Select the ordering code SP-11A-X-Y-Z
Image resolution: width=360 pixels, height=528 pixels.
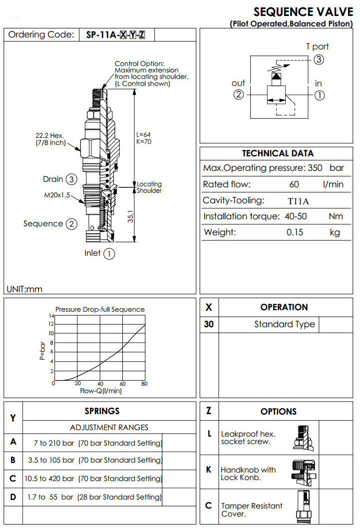point(116,35)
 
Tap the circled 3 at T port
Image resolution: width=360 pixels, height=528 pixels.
point(319,59)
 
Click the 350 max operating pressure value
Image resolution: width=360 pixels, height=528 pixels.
point(315,168)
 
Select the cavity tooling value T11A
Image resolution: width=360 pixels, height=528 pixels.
point(299,201)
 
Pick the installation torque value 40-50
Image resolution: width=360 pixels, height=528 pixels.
point(293,217)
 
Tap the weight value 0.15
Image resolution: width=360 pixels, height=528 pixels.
point(295,232)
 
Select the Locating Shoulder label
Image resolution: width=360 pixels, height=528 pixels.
point(149,187)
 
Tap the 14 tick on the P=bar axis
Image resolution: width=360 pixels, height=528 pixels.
point(51,316)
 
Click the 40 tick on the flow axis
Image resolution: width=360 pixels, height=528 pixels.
point(100,384)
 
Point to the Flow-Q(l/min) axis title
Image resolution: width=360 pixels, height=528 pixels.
point(100,391)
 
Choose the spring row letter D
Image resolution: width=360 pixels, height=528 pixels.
point(13,497)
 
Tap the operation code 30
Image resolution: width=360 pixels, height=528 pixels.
point(209,324)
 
